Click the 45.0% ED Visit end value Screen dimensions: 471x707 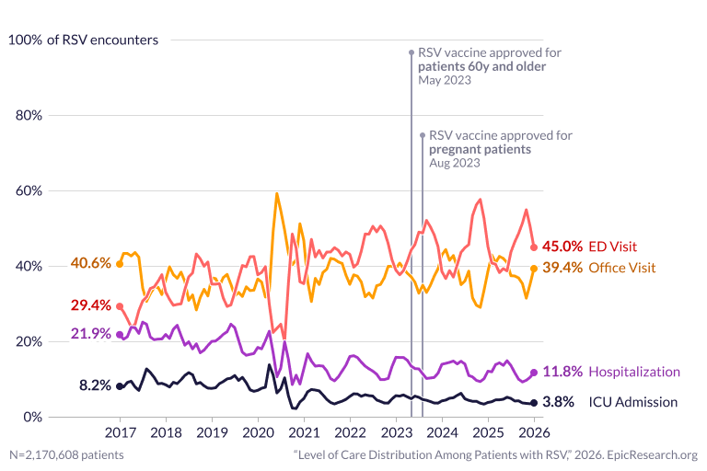click(562, 247)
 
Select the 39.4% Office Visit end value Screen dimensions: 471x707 click(562, 268)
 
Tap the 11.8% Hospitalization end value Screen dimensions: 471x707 click(562, 372)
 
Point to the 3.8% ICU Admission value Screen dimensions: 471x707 click(557, 402)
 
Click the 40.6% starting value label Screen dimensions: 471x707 click(90, 263)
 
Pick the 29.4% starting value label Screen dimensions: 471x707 click(90, 305)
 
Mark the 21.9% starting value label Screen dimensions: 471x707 click(90, 333)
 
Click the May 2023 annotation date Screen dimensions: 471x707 click(445, 81)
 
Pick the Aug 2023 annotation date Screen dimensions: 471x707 click(455, 163)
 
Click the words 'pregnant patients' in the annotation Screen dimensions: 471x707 click(481, 149)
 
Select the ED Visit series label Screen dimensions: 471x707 click(614, 247)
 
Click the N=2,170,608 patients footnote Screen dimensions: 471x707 click(66, 454)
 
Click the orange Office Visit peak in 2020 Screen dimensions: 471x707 click(277, 194)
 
